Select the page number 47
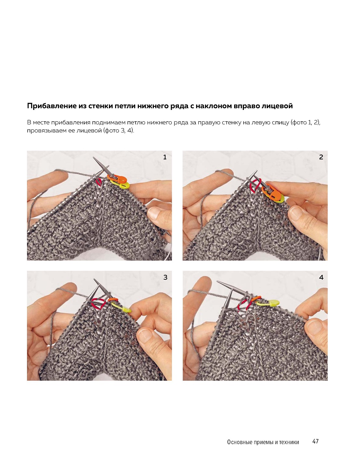[315, 441]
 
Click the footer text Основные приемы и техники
[263, 442]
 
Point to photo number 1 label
[165, 157]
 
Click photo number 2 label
[321, 157]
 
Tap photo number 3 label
[165, 277]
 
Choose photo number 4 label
[321, 277]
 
